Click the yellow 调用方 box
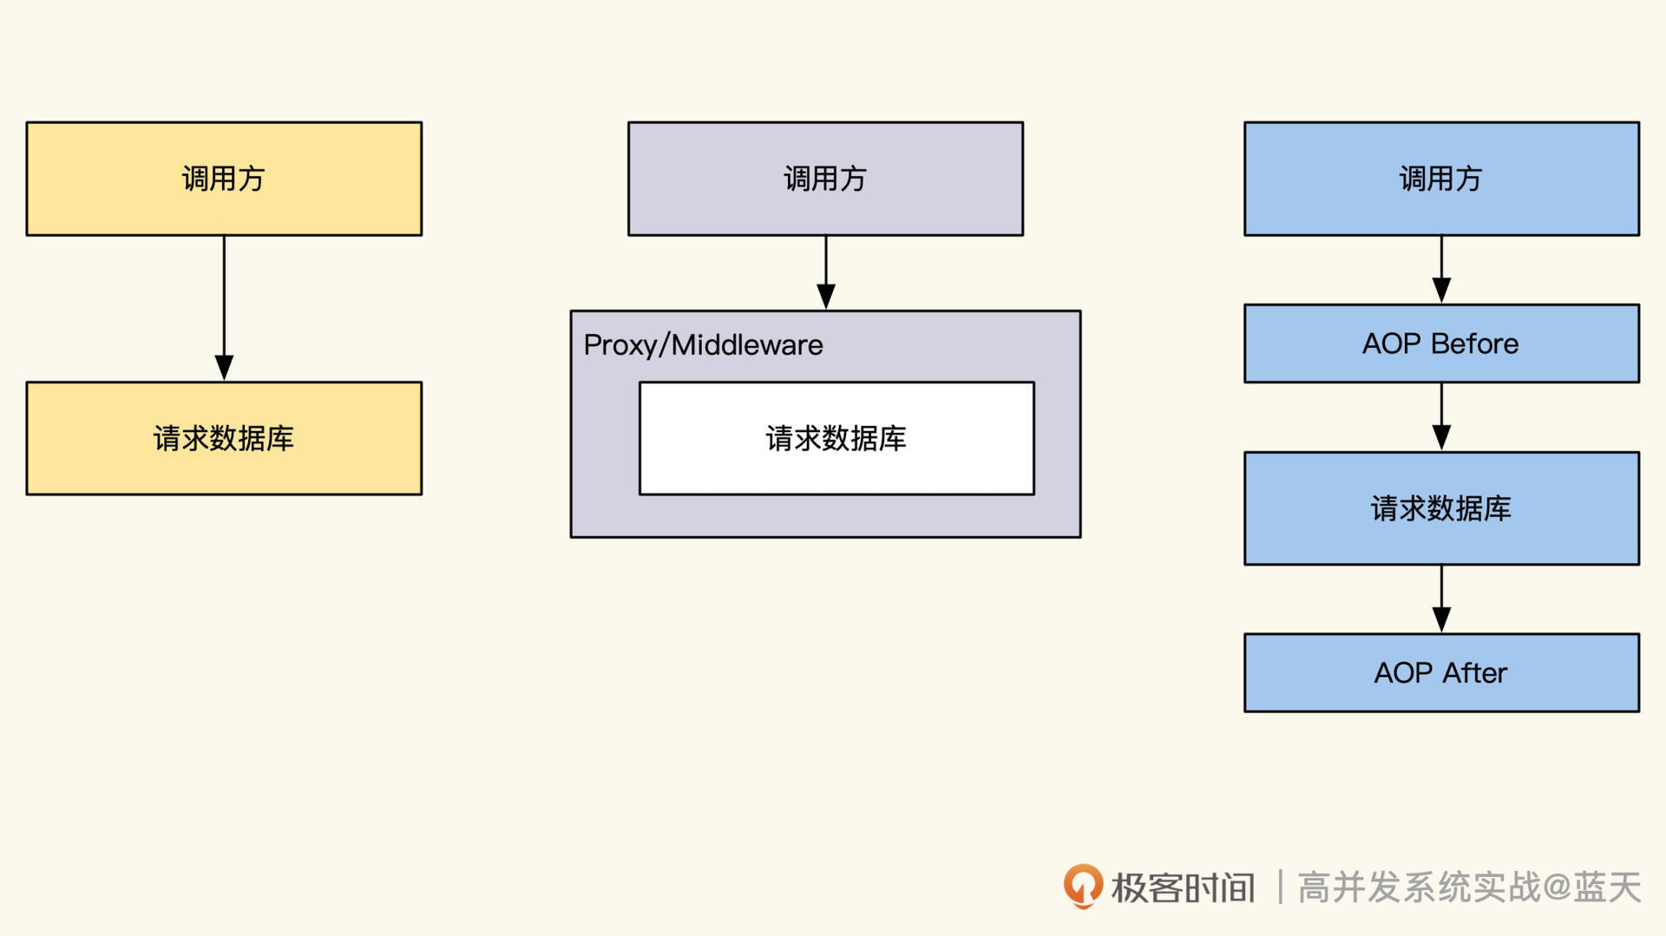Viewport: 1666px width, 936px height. [x=224, y=179]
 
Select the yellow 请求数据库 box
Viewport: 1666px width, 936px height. [x=224, y=438]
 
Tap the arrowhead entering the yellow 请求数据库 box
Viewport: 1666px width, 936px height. [x=224, y=368]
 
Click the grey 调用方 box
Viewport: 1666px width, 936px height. [x=825, y=179]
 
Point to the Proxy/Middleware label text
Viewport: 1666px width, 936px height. [x=703, y=345]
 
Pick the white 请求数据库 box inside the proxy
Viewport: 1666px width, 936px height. [x=836, y=438]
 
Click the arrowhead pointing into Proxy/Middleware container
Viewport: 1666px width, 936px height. [x=826, y=297]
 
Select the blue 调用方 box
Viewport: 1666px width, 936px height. [x=1441, y=179]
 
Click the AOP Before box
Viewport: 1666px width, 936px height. [x=1441, y=344]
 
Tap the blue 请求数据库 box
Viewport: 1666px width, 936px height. [x=1441, y=508]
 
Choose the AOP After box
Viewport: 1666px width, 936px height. [x=1441, y=673]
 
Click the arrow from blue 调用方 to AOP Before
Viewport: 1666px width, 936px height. [x=1441, y=269]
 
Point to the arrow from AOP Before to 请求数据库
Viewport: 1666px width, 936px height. [x=1441, y=416]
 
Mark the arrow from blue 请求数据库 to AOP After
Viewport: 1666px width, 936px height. [x=1441, y=599]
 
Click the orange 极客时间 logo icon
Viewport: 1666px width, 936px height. [x=1083, y=886]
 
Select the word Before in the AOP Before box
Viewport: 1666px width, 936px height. [x=1475, y=344]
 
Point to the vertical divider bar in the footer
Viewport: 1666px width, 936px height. [x=1280, y=887]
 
